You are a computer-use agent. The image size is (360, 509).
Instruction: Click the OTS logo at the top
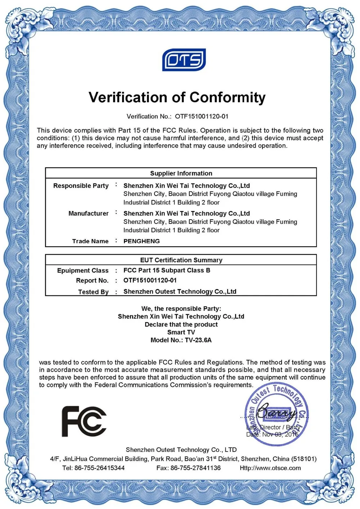pos(184,60)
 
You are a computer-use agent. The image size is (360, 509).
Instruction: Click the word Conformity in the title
pos(228,98)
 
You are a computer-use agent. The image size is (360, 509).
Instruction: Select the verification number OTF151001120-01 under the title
pos(202,116)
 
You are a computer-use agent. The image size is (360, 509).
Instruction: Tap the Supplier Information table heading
pos(181,173)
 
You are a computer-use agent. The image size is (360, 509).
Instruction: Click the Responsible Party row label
pos(81,186)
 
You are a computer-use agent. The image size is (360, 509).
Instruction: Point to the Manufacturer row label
pos(88,213)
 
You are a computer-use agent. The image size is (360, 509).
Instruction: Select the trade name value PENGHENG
pos(141,241)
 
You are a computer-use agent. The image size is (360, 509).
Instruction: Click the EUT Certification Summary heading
pos(181,260)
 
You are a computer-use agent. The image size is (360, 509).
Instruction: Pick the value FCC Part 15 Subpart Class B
pos(167,270)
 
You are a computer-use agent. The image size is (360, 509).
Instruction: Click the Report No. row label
pos(92,280)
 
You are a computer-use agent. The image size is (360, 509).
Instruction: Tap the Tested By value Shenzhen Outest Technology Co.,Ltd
pos(180,292)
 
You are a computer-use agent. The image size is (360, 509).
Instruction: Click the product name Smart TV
pos(181,332)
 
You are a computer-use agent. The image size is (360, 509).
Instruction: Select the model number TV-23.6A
pos(198,340)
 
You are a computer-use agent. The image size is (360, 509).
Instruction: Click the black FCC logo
pos(84,421)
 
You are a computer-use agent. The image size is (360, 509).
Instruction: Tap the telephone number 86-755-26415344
pos(99,468)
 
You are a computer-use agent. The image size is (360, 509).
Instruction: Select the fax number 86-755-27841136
pos(195,468)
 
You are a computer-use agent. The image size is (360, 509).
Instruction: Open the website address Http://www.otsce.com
pos(270,468)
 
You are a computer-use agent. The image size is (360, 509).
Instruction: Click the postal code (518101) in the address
pos(304,459)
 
